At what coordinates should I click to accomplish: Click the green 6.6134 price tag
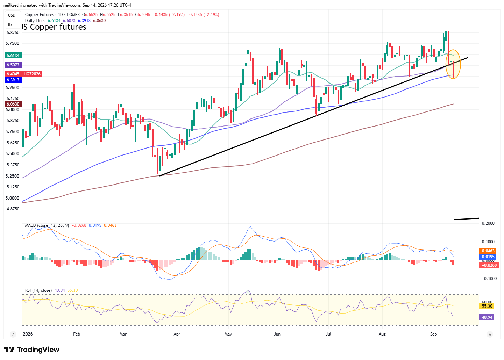click(13, 56)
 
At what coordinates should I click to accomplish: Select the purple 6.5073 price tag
click(13, 65)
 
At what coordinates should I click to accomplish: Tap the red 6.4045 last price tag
click(13, 74)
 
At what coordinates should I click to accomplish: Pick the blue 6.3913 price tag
click(13, 80)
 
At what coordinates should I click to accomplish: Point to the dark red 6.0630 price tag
click(13, 104)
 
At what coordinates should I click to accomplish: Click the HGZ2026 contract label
click(32, 74)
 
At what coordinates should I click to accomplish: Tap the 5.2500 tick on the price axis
click(13, 176)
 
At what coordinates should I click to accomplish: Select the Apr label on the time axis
click(177, 334)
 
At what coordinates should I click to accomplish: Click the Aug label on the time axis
click(382, 334)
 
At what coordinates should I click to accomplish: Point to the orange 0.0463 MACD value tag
click(488, 251)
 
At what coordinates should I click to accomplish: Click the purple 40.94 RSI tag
click(487, 317)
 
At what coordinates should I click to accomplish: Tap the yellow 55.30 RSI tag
click(487, 306)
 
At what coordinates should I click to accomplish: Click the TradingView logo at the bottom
click(32, 350)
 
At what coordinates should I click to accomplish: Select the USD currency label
click(12, 15)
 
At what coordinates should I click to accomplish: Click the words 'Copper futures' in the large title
click(58, 27)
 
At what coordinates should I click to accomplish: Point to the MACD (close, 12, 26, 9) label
click(47, 225)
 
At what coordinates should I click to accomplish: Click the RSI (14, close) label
click(38, 290)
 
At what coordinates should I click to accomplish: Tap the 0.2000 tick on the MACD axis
click(488, 223)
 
